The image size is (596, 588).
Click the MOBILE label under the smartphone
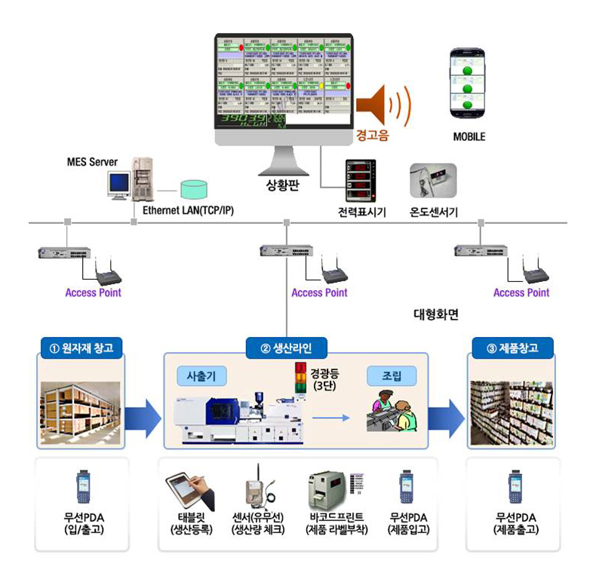pos(469,137)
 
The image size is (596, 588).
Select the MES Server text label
pos(93,162)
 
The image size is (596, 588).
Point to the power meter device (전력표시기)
pos(361,180)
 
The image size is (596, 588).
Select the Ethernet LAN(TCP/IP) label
pos(188,210)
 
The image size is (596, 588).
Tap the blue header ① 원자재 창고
pos(81,348)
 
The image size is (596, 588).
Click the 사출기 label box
pos(201,375)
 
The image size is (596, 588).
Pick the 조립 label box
pos(391,375)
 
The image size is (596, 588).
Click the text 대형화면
pos(436,314)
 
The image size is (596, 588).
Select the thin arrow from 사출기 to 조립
pos(333,416)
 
